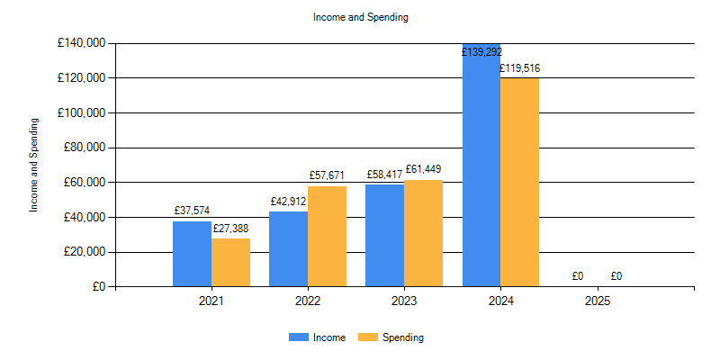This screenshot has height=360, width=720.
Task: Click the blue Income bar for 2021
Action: click(x=192, y=254)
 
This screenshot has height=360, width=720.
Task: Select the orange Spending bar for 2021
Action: click(x=230, y=263)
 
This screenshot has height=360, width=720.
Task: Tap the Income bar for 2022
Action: click(x=288, y=249)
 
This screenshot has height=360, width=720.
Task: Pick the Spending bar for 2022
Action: click(x=327, y=237)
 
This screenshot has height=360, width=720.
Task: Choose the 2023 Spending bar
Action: click(x=423, y=233)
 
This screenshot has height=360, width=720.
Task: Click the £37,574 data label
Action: click(x=192, y=211)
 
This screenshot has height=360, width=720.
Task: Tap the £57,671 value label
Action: click(x=327, y=175)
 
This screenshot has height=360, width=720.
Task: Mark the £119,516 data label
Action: click(x=520, y=67)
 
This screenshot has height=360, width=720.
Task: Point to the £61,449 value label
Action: click(x=423, y=169)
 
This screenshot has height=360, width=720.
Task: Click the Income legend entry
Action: click(x=323, y=337)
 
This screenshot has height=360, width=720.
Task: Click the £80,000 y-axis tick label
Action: click(x=81, y=148)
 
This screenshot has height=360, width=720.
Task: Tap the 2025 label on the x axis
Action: click(x=598, y=301)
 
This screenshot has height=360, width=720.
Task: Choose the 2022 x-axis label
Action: click(x=308, y=301)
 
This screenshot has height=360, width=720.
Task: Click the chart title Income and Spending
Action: click(x=360, y=17)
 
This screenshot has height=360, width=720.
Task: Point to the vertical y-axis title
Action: click(x=35, y=165)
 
